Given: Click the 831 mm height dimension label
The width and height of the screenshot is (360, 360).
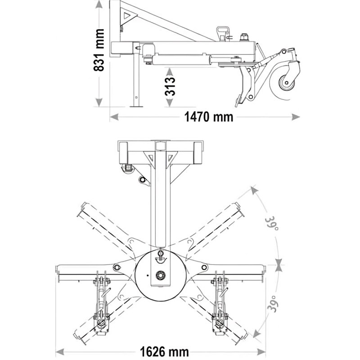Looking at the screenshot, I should coord(99,50).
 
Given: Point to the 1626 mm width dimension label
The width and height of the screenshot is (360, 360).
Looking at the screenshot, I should coord(160,351).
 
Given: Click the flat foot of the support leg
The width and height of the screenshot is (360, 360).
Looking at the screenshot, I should coord(135,106).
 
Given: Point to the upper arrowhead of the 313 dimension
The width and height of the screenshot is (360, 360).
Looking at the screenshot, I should coord(169,71).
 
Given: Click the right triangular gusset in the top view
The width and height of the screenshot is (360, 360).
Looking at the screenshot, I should coord(172,158).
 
